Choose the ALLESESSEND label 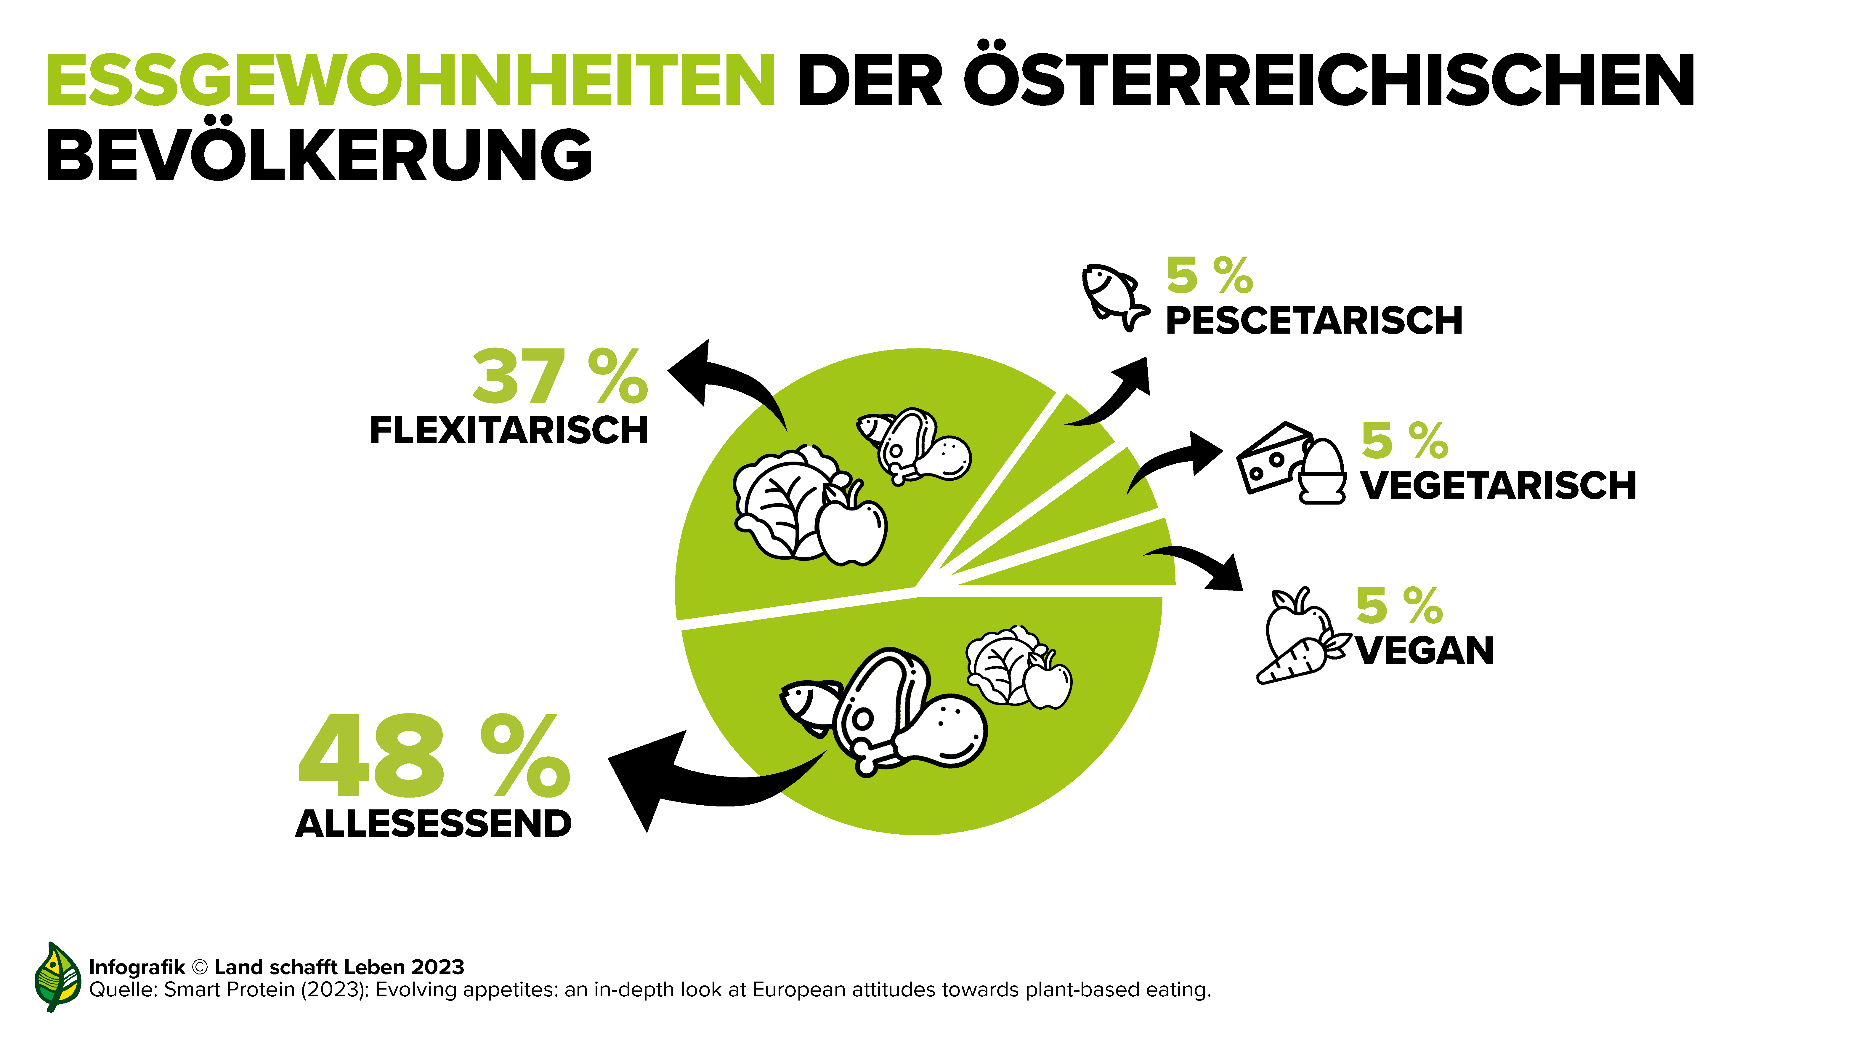[433, 824]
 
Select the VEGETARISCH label [1498, 486]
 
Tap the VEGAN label [1424, 651]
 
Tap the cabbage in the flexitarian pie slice [779, 503]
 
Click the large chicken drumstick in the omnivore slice [941, 733]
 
